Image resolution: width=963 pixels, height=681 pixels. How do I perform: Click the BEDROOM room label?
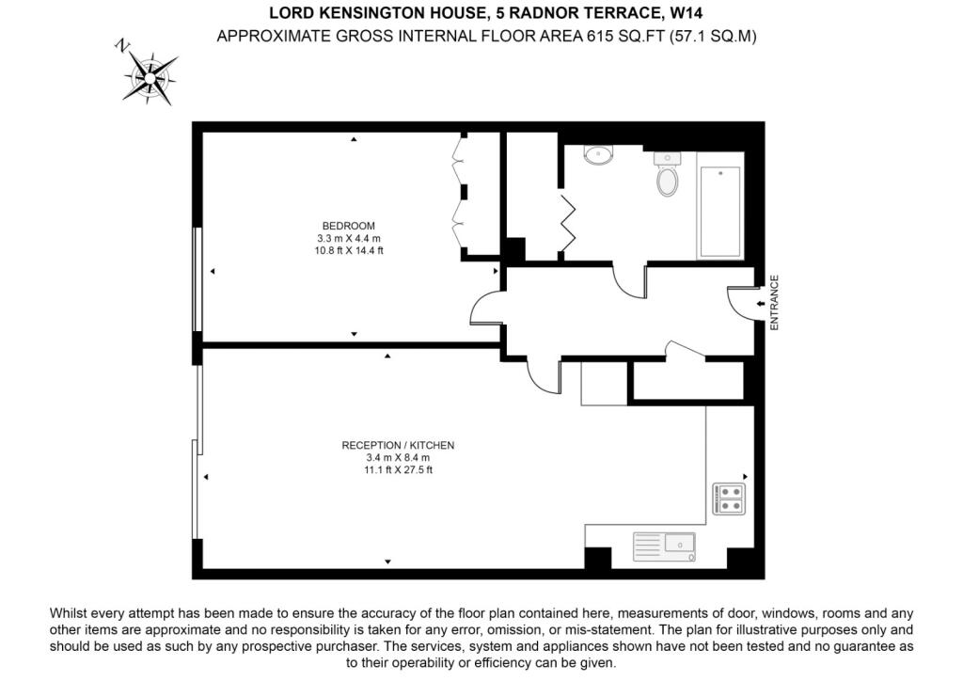[348, 226]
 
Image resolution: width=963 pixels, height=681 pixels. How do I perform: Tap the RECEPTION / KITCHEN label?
[398, 445]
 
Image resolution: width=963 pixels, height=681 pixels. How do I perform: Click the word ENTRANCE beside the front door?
[774, 303]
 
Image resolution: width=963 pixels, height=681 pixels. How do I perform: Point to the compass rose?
[149, 77]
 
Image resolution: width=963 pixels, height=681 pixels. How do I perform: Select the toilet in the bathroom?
[667, 174]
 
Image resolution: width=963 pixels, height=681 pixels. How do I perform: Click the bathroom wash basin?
[597, 155]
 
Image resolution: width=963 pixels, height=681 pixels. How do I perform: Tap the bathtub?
[720, 204]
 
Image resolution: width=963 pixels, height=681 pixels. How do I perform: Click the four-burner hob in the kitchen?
[729, 499]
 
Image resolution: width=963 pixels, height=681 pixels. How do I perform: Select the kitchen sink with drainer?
[665, 546]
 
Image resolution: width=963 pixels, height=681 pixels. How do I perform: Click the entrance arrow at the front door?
[760, 304]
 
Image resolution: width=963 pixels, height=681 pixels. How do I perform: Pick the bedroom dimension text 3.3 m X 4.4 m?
[348, 238]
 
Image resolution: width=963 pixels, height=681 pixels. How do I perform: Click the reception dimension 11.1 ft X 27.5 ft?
[398, 470]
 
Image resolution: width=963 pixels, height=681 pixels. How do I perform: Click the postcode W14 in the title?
[687, 12]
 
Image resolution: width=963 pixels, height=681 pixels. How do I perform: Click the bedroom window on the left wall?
[197, 279]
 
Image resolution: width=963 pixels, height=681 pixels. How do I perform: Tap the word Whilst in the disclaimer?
[69, 613]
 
